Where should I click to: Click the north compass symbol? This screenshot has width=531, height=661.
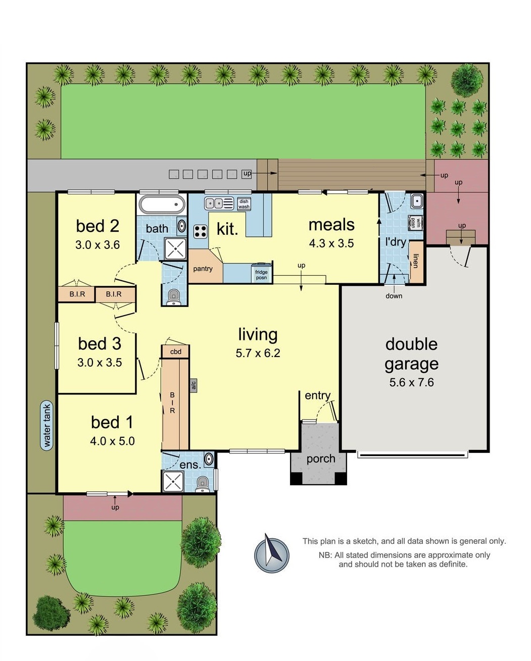pyautogui.click(x=272, y=552)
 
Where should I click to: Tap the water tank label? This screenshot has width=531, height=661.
pyautogui.click(x=46, y=425)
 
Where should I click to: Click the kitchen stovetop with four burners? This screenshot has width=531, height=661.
pyautogui.click(x=200, y=231)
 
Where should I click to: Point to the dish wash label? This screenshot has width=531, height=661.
pyautogui.click(x=244, y=204)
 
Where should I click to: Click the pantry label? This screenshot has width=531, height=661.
pyautogui.click(x=203, y=269)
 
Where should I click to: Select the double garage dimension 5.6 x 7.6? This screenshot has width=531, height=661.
pyautogui.click(x=411, y=382)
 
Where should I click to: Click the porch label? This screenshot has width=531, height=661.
pyautogui.click(x=320, y=459)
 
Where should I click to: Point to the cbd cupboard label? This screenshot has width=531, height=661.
pyautogui.click(x=175, y=351)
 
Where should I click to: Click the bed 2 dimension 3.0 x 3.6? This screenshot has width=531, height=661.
pyautogui.click(x=98, y=245)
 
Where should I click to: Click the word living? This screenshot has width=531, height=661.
pyautogui.click(x=258, y=334)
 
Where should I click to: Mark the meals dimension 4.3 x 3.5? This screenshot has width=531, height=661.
pyautogui.click(x=331, y=243)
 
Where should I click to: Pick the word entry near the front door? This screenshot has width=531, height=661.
pyautogui.click(x=317, y=395)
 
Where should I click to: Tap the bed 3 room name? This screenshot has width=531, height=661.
pyautogui.click(x=100, y=343)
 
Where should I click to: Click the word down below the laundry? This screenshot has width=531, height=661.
pyautogui.click(x=394, y=296)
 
